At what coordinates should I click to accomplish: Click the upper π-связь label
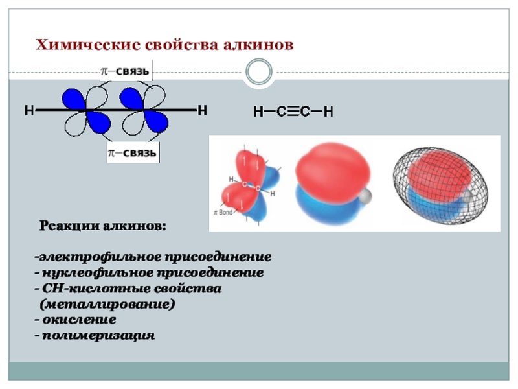point(125,69)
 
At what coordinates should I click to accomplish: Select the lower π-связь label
point(133,153)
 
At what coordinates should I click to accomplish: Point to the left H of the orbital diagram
point(29,111)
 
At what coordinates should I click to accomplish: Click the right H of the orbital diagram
point(202,111)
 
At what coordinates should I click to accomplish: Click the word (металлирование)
point(107,303)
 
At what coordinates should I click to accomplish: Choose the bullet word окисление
point(80,320)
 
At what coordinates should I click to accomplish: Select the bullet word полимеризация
point(98,336)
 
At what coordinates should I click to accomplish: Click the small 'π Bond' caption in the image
point(223,212)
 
